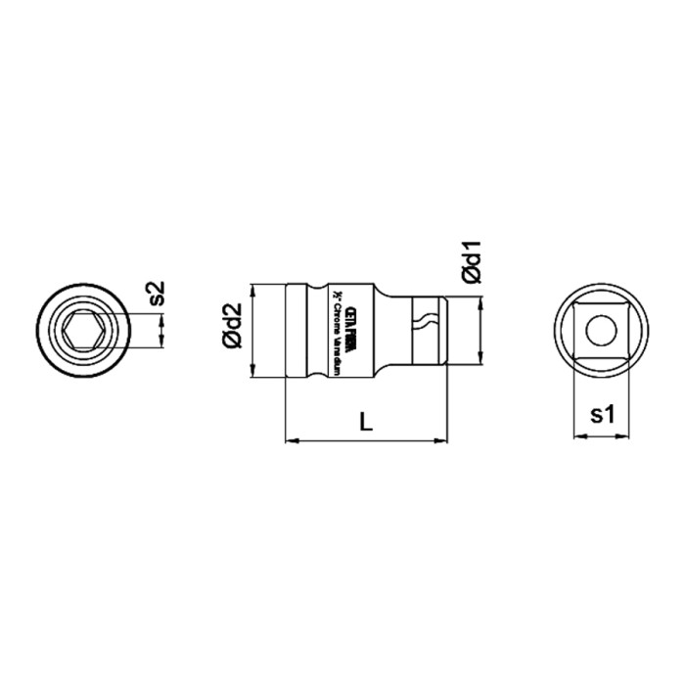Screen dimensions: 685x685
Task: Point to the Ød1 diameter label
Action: (x=471, y=262)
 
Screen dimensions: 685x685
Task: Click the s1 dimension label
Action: (x=601, y=415)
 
